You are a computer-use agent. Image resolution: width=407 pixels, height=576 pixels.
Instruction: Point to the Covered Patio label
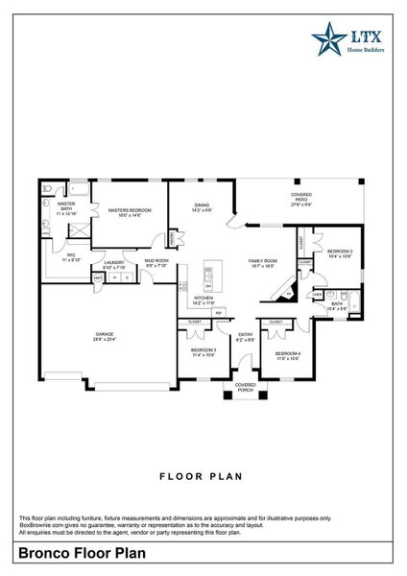[301, 200]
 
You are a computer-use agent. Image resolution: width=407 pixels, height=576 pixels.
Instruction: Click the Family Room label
[263, 263]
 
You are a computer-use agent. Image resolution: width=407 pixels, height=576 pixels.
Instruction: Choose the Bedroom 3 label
[203, 352]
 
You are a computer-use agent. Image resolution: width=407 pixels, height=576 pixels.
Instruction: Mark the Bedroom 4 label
[288, 356]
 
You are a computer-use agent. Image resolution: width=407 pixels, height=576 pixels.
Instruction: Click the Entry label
[246, 337]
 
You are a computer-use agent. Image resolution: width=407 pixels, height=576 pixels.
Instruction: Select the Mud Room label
[156, 262]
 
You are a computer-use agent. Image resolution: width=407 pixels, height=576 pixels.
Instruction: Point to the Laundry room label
[115, 264]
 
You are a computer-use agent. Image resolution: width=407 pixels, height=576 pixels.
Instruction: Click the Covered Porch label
[247, 388]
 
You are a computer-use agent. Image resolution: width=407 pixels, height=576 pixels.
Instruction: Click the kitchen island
[209, 277]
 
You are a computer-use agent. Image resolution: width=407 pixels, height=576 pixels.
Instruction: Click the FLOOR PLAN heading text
[203, 475]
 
